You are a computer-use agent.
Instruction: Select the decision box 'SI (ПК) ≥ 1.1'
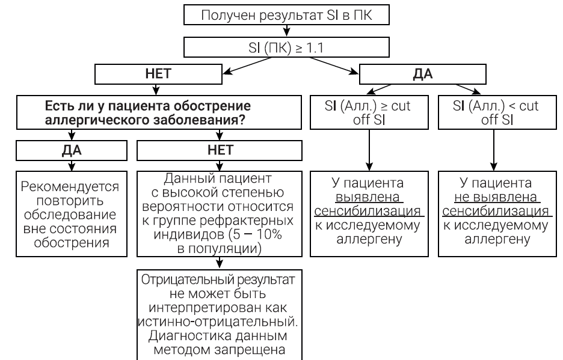pos(281,46)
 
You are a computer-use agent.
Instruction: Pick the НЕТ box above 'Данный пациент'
pos(220,149)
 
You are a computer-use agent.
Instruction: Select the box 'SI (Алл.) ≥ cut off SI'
pos(368,112)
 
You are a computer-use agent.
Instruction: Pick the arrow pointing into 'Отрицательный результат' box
pos(220,263)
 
